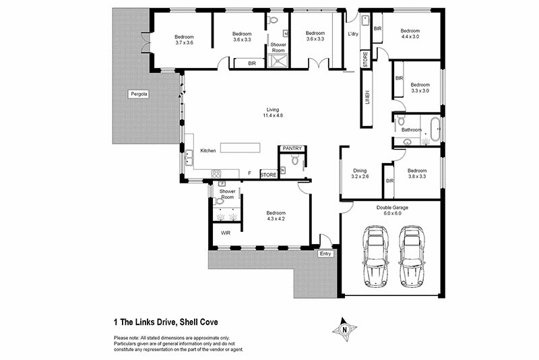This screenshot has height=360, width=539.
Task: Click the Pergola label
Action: pos(139,94)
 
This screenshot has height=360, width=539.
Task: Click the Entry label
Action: pos(326,254)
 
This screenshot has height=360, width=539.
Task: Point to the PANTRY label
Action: pos(292,148)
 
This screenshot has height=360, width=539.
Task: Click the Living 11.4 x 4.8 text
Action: pos(272,113)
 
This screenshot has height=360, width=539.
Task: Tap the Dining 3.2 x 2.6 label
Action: pos(360,173)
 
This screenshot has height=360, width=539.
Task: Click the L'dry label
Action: pos(353,34)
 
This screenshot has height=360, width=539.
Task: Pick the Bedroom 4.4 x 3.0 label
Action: pos(410,34)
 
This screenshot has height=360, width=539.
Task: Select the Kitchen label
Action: pos(208,150)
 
